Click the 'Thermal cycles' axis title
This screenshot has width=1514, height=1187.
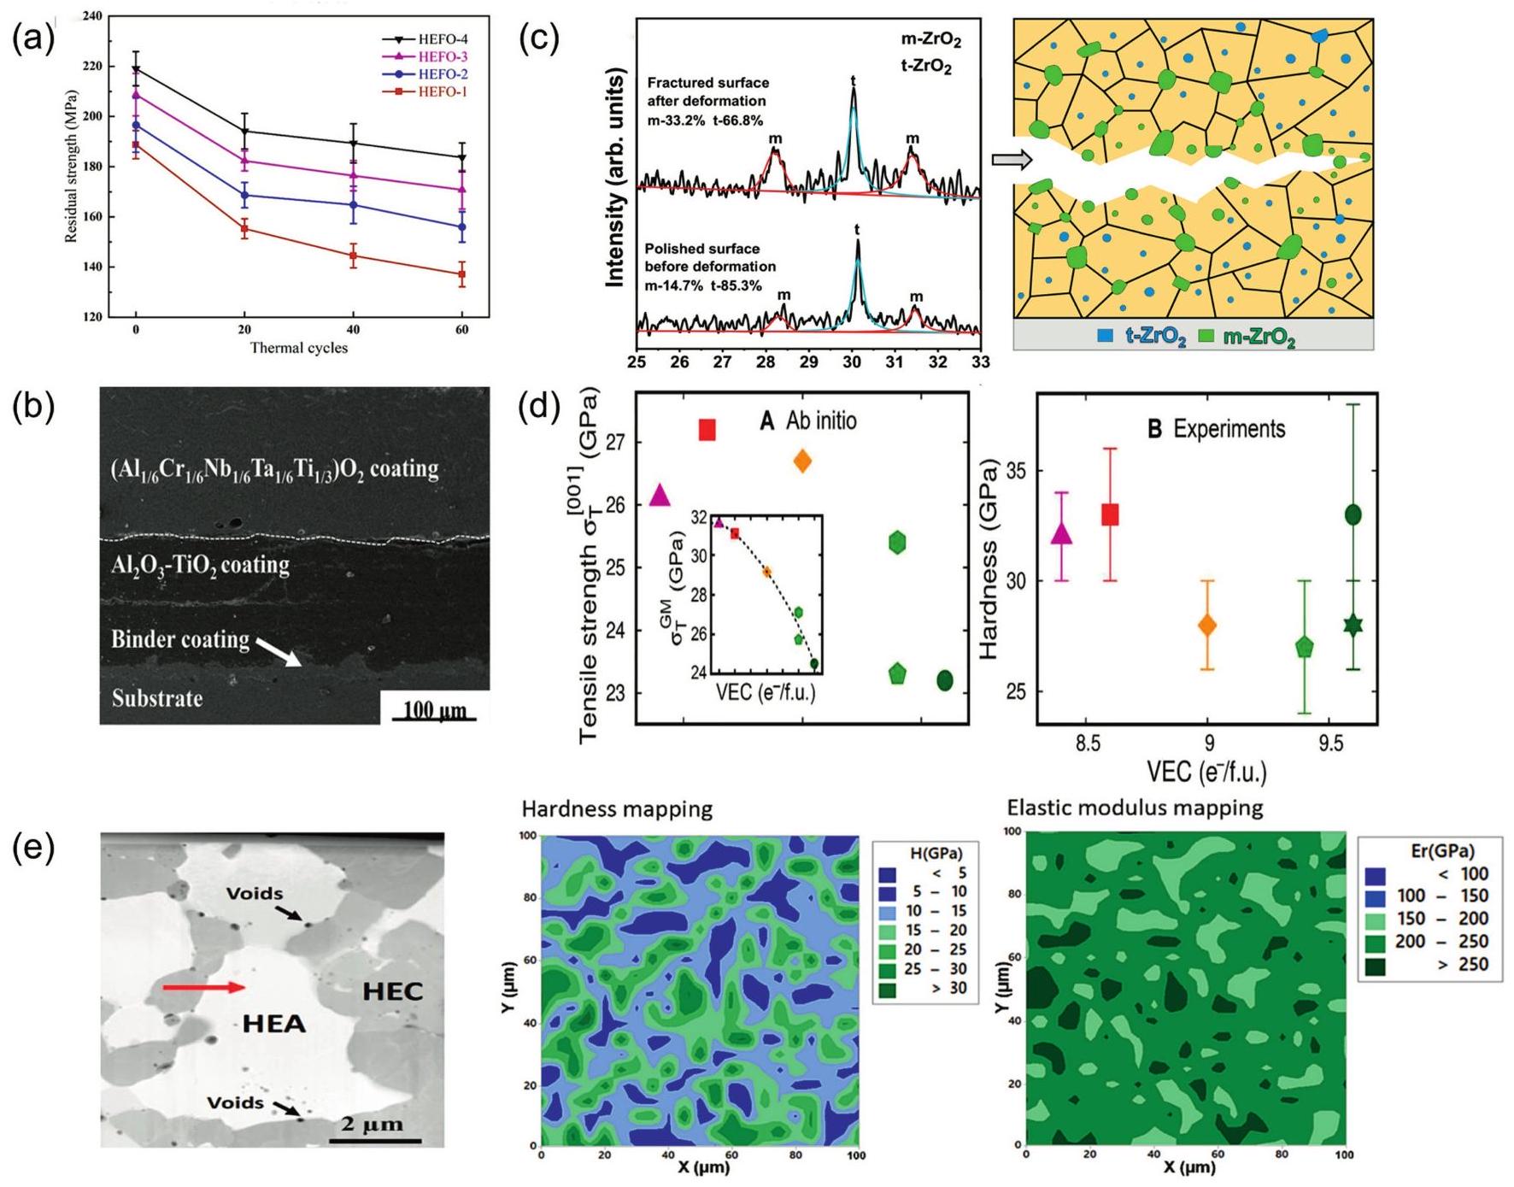pyautogui.click(x=298, y=348)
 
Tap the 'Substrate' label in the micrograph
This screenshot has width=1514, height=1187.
pyautogui.click(x=157, y=698)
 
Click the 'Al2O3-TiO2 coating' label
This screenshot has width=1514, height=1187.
pyautogui.click(x=200, y=565)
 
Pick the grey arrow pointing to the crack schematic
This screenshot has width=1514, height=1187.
pyautogui.click(x=1012, y=159)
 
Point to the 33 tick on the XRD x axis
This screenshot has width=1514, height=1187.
pyautogui.click(x=980, y=361)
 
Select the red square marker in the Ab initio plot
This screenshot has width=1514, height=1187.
pyautogui.click(x=707, y=430)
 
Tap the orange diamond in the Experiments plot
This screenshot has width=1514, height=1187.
pyautogui.click(x=1207, y=626)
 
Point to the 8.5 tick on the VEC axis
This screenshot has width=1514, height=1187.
pyautogui.click(x=1088, y=744)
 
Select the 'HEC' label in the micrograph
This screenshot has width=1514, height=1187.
pyautogui.click(x=392, y=991)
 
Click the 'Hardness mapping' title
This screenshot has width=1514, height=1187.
pyautogui.click(x=617, y=809)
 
